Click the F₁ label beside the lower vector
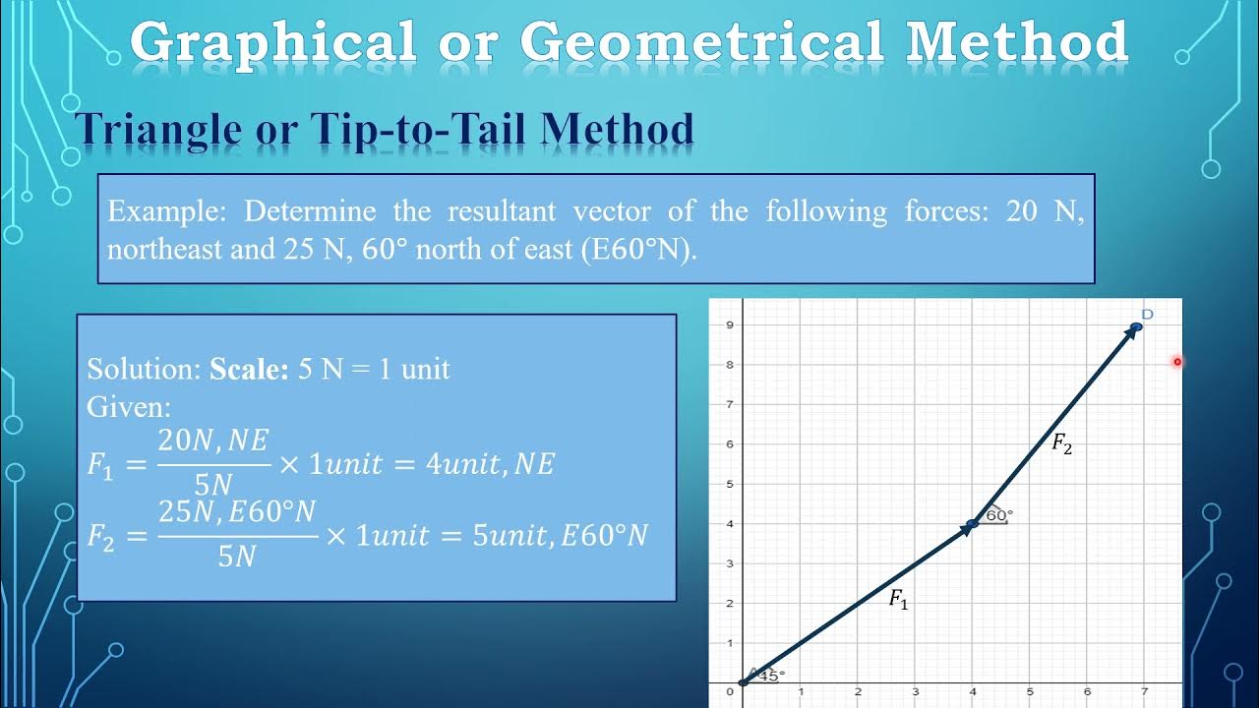point(899,599)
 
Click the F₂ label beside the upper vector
point(1061,444)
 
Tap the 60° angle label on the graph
point(998,514)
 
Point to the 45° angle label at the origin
point(771,676)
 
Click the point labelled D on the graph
point(1136,326)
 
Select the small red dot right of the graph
point(1176,362)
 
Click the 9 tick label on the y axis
point(729,324)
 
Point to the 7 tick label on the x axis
point(1144,692)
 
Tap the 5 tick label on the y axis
point(729,484)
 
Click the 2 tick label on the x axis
point(858,692)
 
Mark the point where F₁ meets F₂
point(972,524)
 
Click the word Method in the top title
point(1016,42)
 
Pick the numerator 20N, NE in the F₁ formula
point(213,442)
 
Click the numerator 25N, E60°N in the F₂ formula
point(237,512)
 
